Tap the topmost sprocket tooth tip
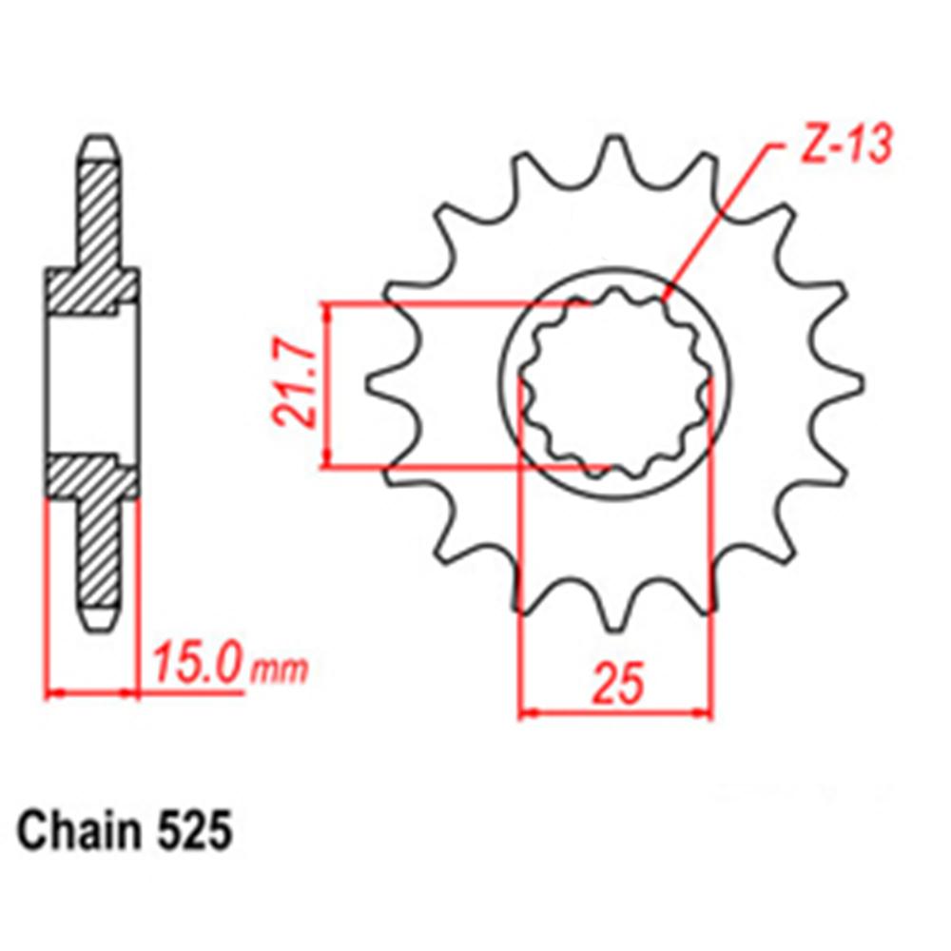click(615, 143)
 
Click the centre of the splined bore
click(615, 385)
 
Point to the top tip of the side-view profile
click(99, 143)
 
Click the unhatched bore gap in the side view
click(93, 385)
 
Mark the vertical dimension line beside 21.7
click(327, 385)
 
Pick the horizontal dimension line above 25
click(615, 711)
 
